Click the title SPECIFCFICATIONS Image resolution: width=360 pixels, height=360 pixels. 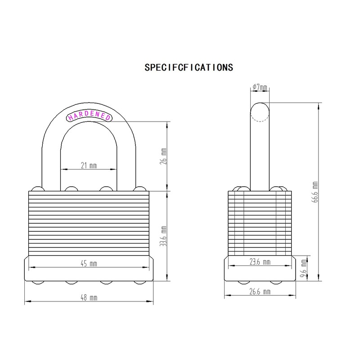(x=189, y=67)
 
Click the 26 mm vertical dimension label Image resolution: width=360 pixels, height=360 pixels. (x=164, y=156)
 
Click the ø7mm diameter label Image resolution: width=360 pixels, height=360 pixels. (x=260, y=86)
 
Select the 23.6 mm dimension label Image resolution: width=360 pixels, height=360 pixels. (x=261, y=262)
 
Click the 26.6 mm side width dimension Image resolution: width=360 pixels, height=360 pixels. (x=261, y=292)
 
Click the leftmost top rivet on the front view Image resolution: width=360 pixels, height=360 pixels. (x=36, y=188)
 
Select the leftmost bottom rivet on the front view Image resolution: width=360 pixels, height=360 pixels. (x=36, y=283)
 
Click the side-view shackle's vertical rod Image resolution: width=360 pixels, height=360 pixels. (x=260, y=153)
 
